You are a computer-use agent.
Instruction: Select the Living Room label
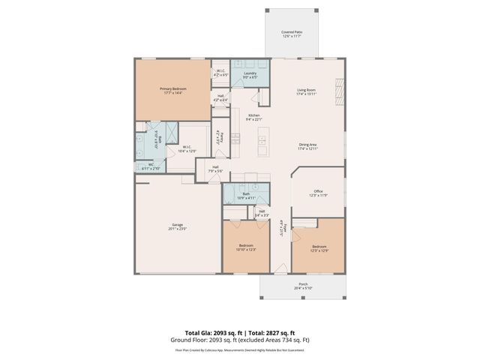pos(307,91)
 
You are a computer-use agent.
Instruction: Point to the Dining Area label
pos(307,146)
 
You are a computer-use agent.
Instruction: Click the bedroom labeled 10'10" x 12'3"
pos(246,247)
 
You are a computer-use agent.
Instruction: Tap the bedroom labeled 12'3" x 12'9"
pos(319,247)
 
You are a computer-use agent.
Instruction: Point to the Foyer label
pos(280,227)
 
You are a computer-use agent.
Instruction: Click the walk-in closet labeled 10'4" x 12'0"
pos(185,148)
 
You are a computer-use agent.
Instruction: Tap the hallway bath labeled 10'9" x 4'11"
pos(246,195)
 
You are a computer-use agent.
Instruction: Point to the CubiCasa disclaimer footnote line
pos(239,349)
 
